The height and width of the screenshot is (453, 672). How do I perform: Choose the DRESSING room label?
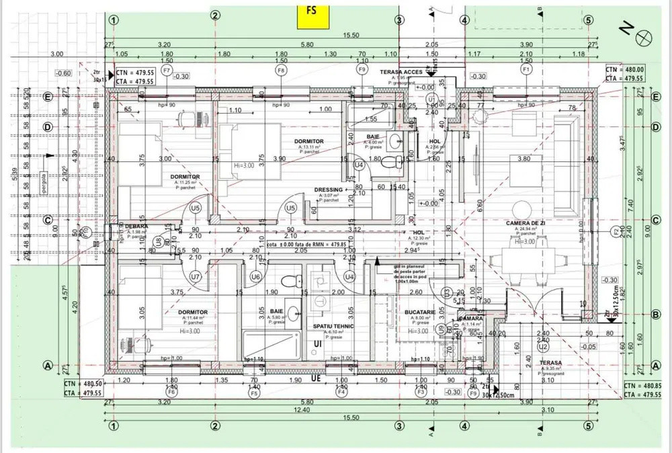pyautogui.click(x=329, y=190)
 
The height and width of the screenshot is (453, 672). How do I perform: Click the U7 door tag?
pyautogui.click(x=196, y=276)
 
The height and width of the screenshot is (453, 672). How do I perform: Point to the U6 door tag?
pyautogui.click(x=255, y=276)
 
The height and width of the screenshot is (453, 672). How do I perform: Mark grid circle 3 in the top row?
pyautogui.click(x=399, y=20)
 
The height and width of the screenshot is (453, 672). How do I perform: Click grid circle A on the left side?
pyautogui.click(x=48, y=366)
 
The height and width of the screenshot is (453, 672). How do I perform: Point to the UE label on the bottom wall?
pyautogui.click(x=316, y=378)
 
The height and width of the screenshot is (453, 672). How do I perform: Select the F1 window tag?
pyautogui.click(x=526, y=69)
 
